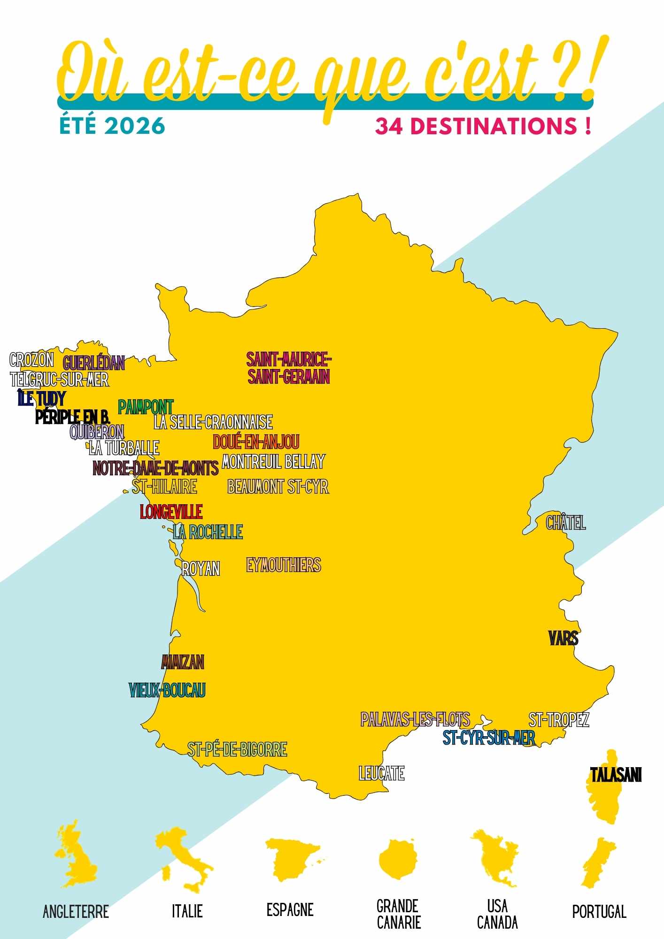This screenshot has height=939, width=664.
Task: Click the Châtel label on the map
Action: click(566, 522)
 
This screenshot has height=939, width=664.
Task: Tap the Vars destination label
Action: click(563, 638)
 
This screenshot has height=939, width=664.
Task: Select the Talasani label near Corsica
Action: click(616, 775)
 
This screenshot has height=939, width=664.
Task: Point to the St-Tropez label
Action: click(558, 720)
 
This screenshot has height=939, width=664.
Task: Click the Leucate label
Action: click(381, 773)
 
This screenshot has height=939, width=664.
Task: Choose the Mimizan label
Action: click(183, 662)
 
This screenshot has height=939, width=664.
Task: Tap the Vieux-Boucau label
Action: click(167, 690)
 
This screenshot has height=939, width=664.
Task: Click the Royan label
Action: click(201, 569)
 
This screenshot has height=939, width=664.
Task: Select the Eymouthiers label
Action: click(284, 565)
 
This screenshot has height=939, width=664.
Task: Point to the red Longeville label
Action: click(171, 512)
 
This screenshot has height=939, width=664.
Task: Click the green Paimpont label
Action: click(146, 407)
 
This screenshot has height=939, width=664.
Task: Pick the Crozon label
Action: click(31, 360)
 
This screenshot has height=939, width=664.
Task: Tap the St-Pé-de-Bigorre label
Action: click(237, 749)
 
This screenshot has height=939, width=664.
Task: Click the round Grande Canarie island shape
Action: click(398, 859)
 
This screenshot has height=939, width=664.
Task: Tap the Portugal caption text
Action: click(599, 911)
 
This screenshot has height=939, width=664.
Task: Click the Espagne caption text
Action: click(290, 909)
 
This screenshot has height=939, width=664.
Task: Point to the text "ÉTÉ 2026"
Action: click(112, 126)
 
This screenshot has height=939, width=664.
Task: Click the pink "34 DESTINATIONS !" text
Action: click(483, 126)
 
